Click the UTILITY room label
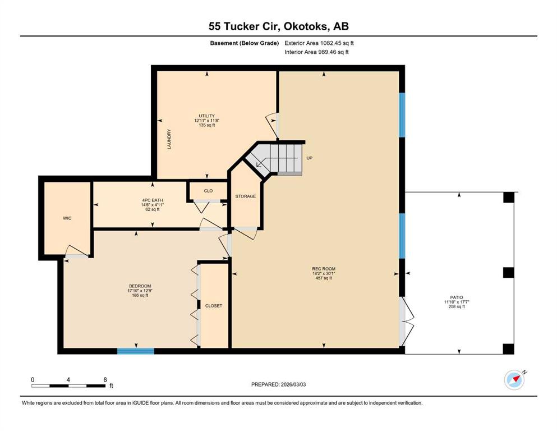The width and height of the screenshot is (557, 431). pos(206,116)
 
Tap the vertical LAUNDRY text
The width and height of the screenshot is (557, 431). pos(169,139)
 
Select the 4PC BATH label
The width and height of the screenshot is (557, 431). pos(153,200)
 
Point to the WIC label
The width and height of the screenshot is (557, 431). pos(67,218)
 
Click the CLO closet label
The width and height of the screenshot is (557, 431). pos(208,191)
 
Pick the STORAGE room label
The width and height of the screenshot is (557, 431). pos(246,196)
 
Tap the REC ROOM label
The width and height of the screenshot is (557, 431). pos(324,269)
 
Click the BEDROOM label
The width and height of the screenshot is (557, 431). pos(140,286)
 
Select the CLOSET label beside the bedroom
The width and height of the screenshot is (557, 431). pos(214,306)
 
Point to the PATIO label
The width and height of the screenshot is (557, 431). pos(457,297)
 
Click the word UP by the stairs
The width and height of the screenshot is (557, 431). pos(310,158)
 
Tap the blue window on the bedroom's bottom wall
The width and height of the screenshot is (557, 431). pos(136,351)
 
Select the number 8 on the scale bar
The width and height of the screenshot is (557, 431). pos(105,379)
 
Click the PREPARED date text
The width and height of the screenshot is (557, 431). pos(278,384)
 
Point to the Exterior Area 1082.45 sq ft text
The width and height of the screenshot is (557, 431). pos(319,43)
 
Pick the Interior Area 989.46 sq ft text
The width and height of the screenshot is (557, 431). pos(316,52)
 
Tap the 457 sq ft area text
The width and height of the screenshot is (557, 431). pos(324,278)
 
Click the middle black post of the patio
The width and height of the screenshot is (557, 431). pos(509,273)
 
